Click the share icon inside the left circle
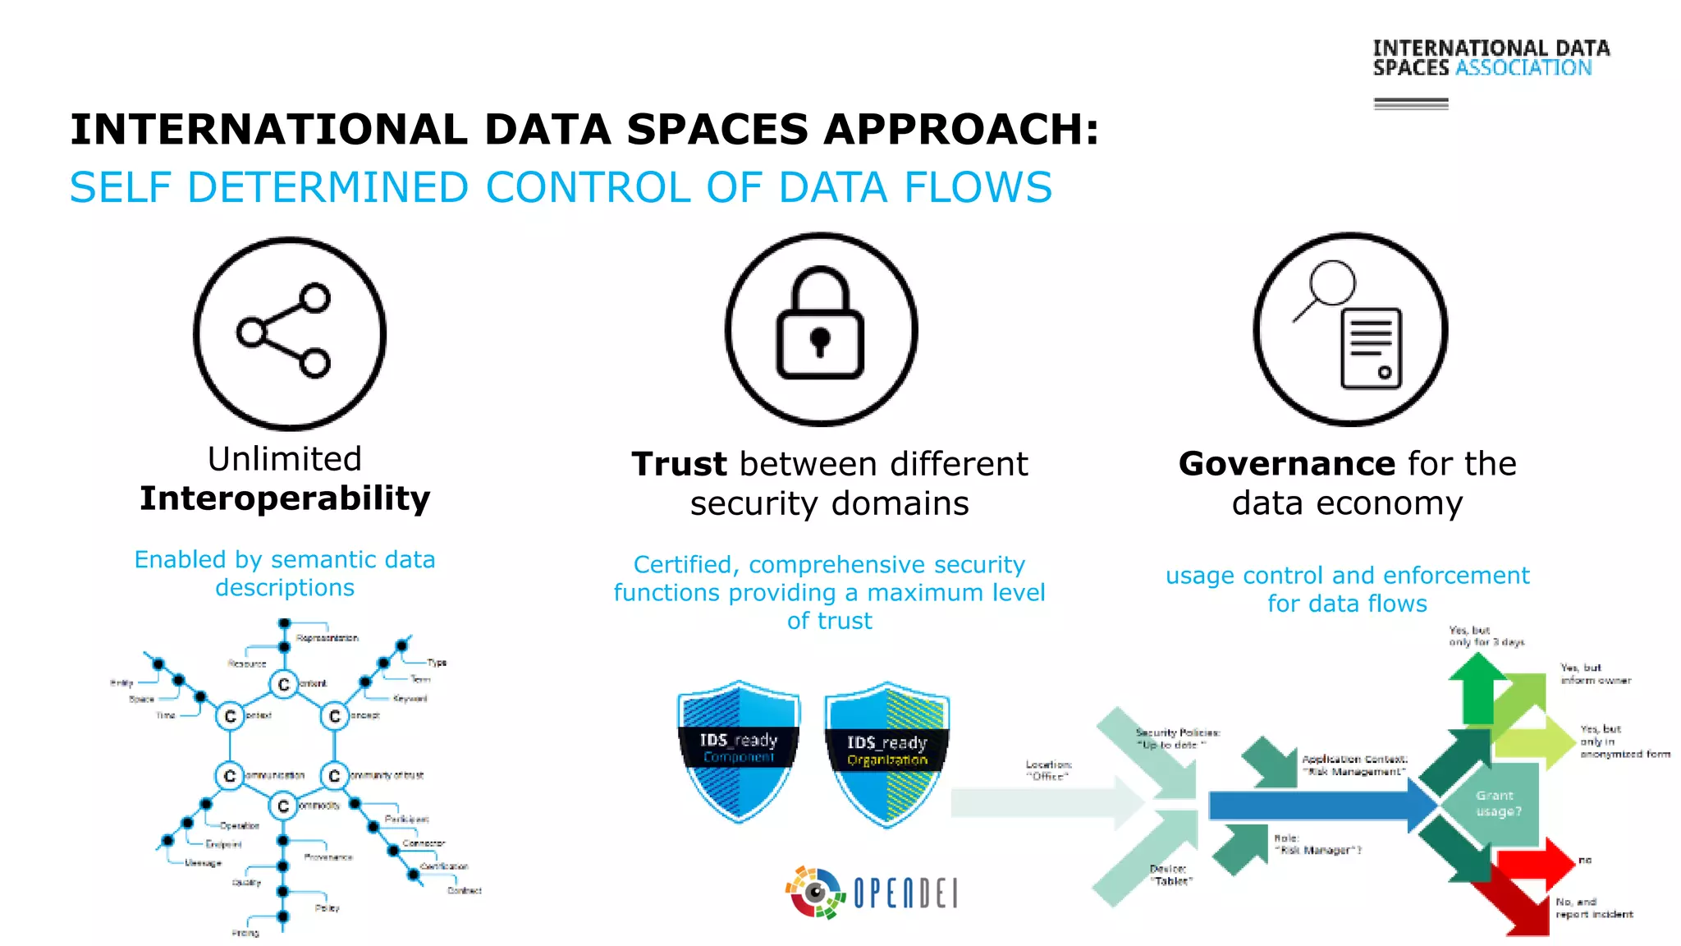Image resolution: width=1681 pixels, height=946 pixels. (284, 331)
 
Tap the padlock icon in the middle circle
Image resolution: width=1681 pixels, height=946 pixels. (820, 325)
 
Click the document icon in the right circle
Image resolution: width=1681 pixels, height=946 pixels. (1371, 347)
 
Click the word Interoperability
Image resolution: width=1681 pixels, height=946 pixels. (285, 498)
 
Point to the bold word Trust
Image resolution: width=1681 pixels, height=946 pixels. (679, 464)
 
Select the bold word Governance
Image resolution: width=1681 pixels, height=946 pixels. (1286, 464)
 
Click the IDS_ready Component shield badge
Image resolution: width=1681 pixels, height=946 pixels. (739, 750)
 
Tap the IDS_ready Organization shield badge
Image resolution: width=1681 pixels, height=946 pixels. (886, 752)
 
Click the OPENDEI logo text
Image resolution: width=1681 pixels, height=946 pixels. (905, 893)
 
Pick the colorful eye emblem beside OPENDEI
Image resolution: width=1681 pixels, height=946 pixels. (815, 893)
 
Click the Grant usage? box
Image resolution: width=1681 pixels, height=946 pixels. (1497, 804)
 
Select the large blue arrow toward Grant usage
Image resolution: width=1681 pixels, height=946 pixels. (1313, 806)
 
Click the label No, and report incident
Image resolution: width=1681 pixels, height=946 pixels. (1593, 907)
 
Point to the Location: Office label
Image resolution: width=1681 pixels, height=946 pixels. (1048, 769)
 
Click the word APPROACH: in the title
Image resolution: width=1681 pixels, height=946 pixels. (960, 130)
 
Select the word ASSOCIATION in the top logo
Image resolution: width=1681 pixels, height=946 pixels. (1523, 68)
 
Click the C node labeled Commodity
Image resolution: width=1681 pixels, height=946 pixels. (283, 806)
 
